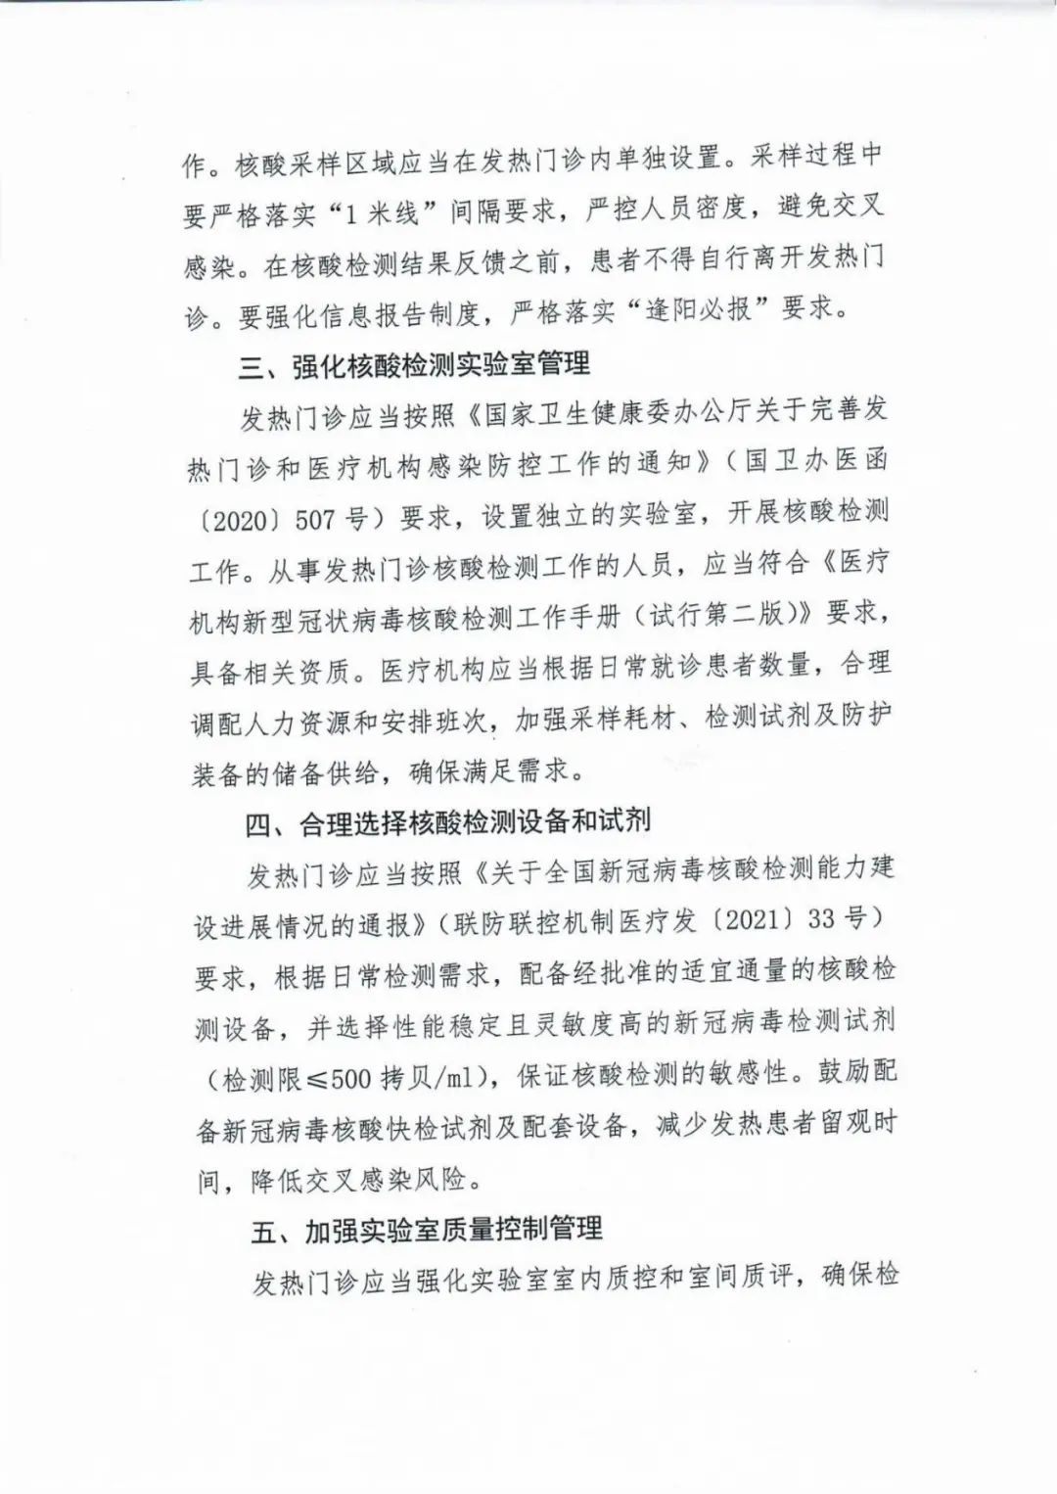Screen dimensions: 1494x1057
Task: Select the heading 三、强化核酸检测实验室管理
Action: (x=416, y=365)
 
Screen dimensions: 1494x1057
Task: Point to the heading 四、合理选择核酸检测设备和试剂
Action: (x=447, y=820)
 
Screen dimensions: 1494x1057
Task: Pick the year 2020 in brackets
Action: (x=240, y=520)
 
